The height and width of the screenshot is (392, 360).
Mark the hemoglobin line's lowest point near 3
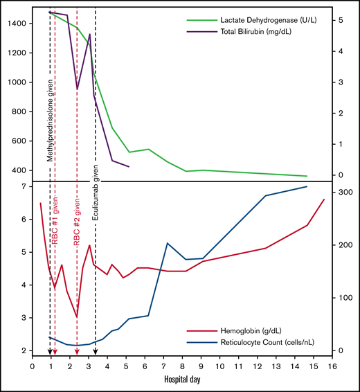(77, 317)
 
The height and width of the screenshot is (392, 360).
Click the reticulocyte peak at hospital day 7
(167, 243)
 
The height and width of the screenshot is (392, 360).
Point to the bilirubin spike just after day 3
(89, 34)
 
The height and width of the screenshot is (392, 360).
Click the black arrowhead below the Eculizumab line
(95, 353)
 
